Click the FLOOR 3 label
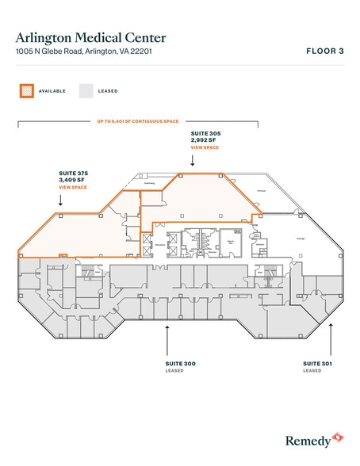click(324, 51)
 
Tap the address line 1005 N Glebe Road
click(88, 52)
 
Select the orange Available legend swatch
click(26, 90)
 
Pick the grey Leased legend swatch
click(85, 90)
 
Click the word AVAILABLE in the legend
click(52, 91)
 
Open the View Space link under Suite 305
click(204, 148)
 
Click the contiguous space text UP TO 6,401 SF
click(138, 122)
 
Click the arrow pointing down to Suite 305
click(193, 161)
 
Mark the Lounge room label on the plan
click(301, 239)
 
